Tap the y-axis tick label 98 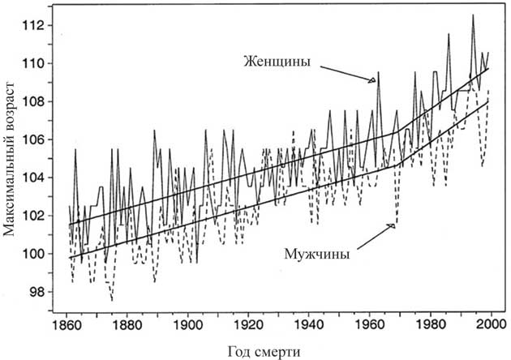click(x=41, y=292)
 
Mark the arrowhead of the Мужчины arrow click(x=393, y=225)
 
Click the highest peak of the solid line click(x=473, y=15)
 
